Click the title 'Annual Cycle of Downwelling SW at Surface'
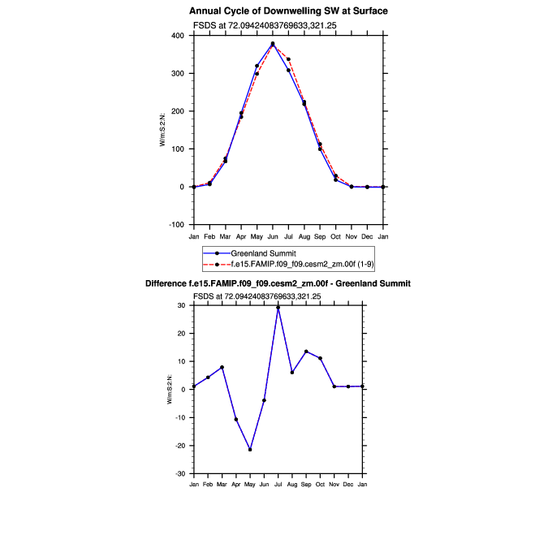(288, 11)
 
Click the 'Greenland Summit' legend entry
(259, 254)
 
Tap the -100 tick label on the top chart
(175, 225)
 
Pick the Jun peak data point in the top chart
(273, 44)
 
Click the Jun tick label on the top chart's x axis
(273, 236)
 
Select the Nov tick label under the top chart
(352, 236)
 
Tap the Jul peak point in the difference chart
(278, 307)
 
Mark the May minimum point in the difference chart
(250, 450)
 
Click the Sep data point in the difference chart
(306, 352)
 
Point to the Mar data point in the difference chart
(222, 367)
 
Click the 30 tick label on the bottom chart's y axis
(182, 305)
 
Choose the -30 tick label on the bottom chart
(180, 474)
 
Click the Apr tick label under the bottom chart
(235, 485)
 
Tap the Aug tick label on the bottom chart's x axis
(292, 485)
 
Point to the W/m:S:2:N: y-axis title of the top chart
(163, 130)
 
